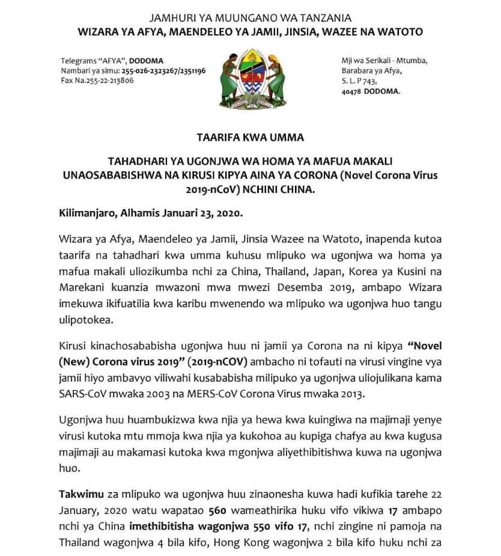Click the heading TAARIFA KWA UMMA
coord(250,137)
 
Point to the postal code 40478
coord(351,91)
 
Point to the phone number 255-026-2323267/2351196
coord(163,70)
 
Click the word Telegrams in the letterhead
coord(78,61)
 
